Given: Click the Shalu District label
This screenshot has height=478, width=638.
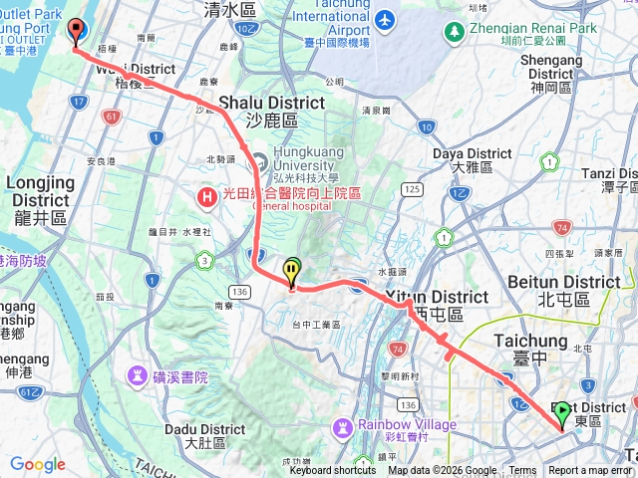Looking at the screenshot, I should click(257, 104).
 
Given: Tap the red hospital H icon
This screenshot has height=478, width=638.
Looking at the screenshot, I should click(207, 197).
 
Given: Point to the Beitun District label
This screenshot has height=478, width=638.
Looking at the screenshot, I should click(563, 283).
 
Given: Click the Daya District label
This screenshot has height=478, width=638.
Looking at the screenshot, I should click(473, 154).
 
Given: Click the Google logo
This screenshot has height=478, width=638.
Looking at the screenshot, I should click(37, 464).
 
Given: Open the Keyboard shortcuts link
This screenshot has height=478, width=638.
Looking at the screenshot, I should click(333, 471).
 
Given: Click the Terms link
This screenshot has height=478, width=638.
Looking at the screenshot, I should click(522, 471).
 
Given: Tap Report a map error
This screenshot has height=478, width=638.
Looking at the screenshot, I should click(591, 471).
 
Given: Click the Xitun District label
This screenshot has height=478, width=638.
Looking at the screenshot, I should click(437, 298).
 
